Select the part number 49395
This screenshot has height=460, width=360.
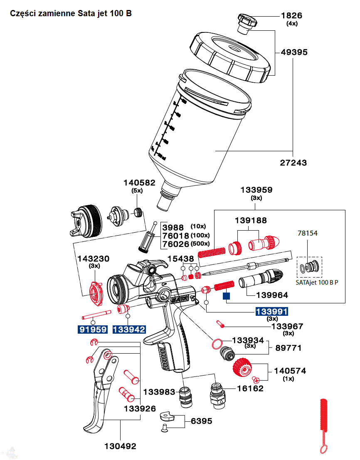pos(294,52)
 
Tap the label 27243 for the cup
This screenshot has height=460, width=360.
pos(293,162)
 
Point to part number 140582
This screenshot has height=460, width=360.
pos(139,182)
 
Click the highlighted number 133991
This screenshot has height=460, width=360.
pos(271,312)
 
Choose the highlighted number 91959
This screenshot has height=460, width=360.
pos(93,330)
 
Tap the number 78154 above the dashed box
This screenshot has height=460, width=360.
pos(307,233)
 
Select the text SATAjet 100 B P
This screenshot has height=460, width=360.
pos(317,282)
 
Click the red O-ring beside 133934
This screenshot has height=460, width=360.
pos(217,344)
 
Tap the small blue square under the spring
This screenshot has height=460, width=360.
pos(226,296)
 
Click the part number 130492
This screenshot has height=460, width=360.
pos(121,446)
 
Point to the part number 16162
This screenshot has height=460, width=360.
pos(250,388)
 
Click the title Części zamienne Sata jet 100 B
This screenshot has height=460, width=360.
pos(71,13)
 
